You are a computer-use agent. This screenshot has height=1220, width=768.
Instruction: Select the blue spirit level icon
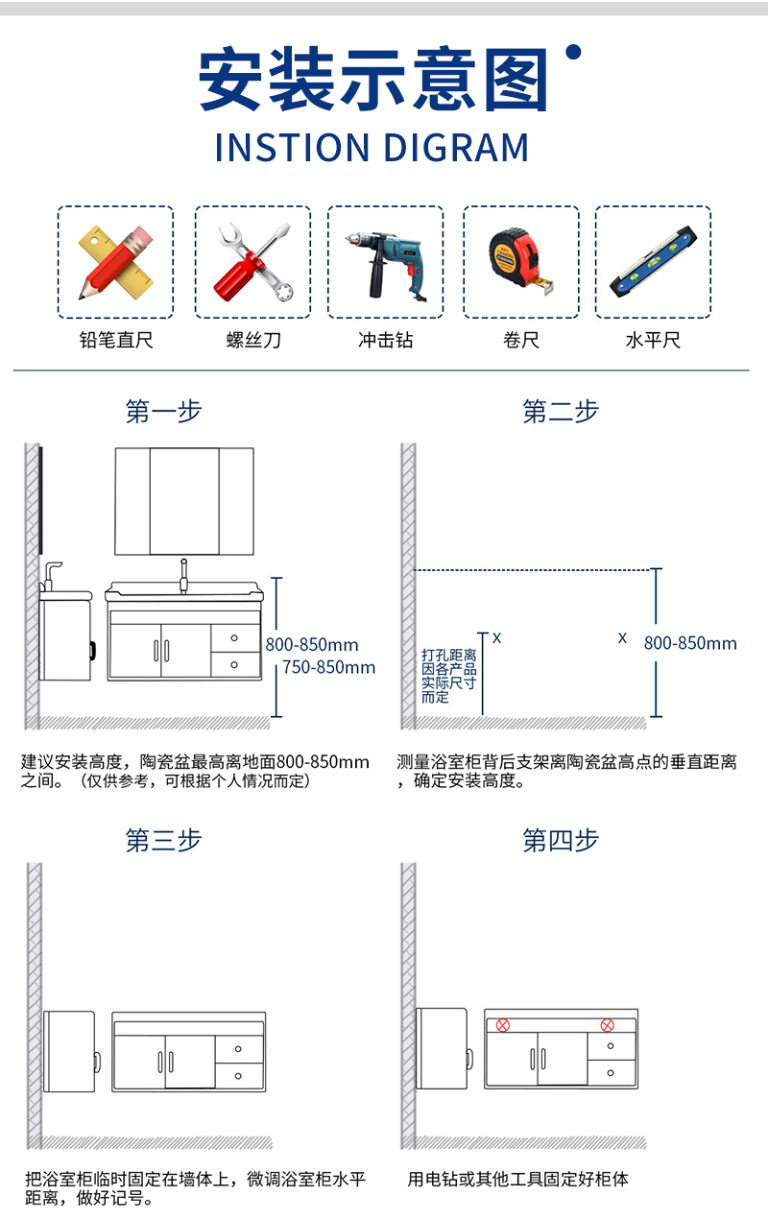(x=653, y=262)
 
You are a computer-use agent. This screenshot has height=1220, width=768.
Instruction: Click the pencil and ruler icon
(x=116, y=262)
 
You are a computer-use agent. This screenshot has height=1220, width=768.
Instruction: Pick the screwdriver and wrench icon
(x=253, y=262)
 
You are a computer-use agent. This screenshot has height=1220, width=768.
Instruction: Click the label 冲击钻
(x=386, y=340)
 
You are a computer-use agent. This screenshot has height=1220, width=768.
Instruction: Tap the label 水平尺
(x=653, y=340)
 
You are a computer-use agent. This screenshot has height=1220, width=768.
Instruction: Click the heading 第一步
(x=163, y=411)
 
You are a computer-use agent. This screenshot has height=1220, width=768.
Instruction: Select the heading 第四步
(x=561, y=840)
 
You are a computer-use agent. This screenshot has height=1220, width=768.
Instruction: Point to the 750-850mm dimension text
(x=329, y=667)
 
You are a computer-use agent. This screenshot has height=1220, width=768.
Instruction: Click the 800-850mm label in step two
(x=690, y=643)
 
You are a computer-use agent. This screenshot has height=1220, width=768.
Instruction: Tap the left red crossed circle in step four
(x=503, y=1025)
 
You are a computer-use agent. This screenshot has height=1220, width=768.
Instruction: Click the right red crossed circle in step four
(x=608, y=1025)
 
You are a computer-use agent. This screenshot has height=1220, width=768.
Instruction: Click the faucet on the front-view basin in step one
(x=184, y=576)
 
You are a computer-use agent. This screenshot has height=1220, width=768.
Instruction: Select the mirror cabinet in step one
(x=184, y=501)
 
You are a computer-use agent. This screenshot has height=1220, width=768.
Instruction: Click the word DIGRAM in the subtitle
(x=456, y=148)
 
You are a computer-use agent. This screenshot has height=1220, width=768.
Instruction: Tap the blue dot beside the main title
(x=573, y=52)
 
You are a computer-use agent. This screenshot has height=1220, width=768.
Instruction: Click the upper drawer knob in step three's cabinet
(x=238, y=1048)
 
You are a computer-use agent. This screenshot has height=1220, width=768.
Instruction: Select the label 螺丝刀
(x=253, y=340)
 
